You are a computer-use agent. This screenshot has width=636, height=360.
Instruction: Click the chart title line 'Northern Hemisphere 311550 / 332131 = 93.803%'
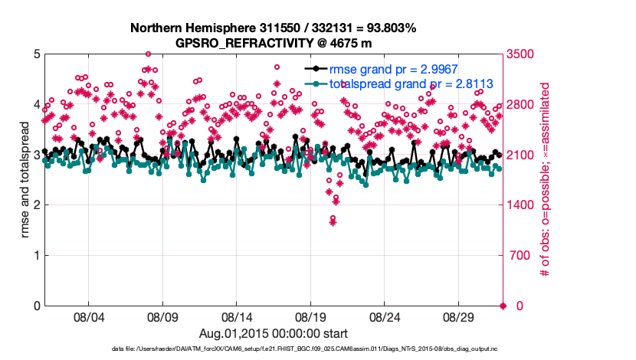coord(273,28)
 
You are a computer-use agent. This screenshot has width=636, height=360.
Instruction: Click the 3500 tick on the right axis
coord(522,54)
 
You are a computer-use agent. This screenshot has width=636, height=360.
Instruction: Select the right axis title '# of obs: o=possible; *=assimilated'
coord(546,181)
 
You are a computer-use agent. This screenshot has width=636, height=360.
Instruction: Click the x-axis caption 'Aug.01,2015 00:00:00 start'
coord(273,333)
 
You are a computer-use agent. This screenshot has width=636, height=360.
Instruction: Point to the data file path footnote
coord(273,349)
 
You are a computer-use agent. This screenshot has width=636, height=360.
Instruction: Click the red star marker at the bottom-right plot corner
coord(503,306)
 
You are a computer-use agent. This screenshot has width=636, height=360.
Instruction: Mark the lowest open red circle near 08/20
coord(333,218)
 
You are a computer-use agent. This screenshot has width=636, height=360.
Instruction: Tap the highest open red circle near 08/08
coord(148,54)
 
